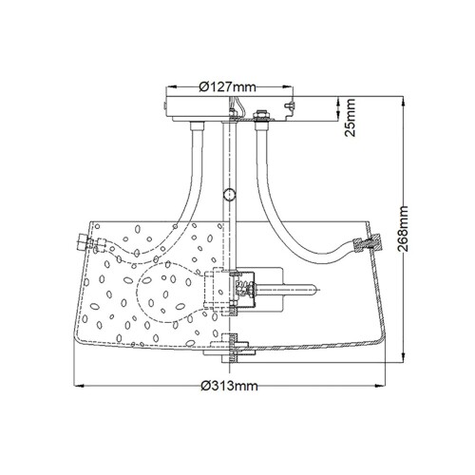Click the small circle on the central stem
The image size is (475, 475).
227,195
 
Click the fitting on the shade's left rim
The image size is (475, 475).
81,244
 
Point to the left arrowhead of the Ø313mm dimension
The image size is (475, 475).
77,386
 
